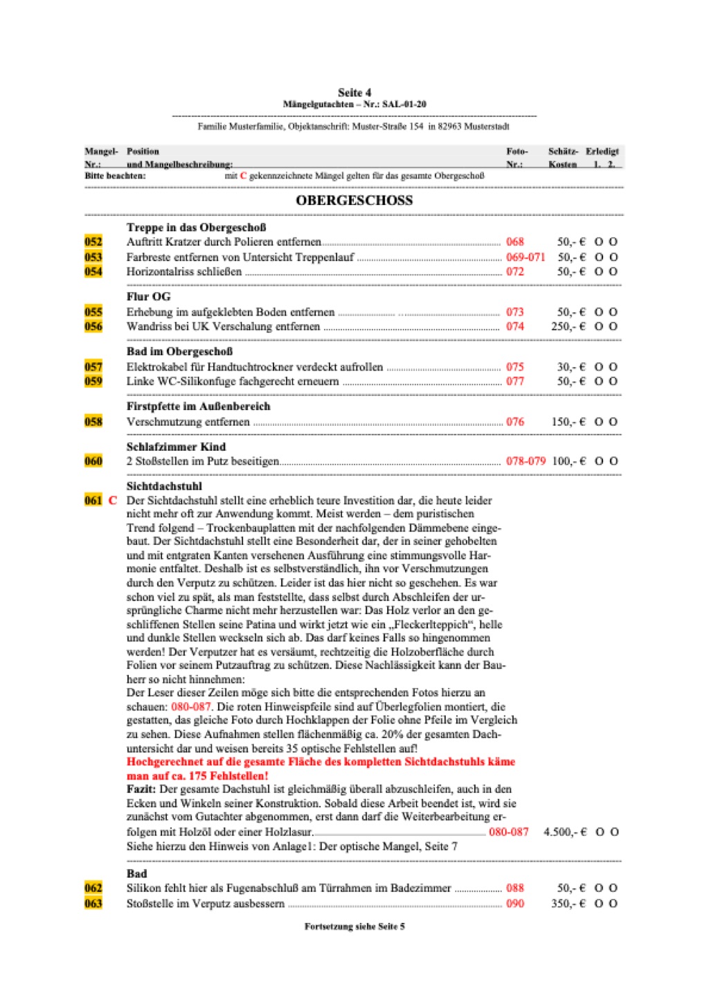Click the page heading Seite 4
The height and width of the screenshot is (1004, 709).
tap(354, 93)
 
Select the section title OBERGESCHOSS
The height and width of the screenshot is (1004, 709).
tap(354, 201)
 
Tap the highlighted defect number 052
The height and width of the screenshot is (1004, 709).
tap(93, 242)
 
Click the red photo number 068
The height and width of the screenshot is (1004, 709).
tap(515, 242)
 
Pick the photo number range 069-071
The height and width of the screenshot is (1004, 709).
tap(526, 257)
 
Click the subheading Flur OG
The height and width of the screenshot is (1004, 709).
tap(148, 296)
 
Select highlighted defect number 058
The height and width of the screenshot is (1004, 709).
tap(93, 422)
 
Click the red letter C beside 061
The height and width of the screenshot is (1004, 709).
tap(113, 500)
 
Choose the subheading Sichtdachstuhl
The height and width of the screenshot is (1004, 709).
tap(164, 486)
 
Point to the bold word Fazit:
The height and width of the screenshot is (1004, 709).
tap(141, 789)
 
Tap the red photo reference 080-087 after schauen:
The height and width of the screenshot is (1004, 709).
tap(191, 707)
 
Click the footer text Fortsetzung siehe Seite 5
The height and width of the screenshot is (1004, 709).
tap(354, 926)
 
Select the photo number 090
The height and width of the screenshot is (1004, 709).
tap(515, 904)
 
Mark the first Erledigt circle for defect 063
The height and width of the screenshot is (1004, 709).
tap(599, 904)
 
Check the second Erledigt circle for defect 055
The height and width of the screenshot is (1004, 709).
tap(613, 312)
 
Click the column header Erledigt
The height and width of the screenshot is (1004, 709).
tap(602, 151)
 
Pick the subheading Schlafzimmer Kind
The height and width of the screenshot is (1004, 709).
tap(176, 447)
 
